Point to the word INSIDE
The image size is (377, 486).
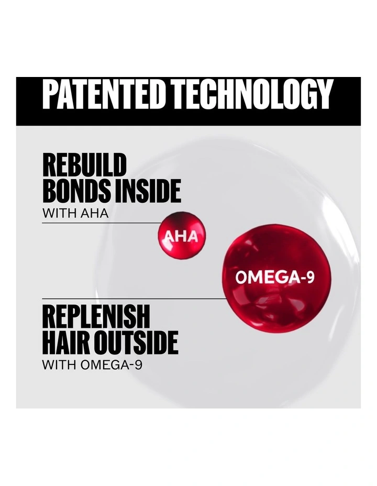148,191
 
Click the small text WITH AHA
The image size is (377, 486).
75,213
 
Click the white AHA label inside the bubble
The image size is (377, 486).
181,237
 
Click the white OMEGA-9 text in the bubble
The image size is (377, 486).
275,277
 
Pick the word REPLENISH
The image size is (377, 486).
96,316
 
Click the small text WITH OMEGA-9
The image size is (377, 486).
92,365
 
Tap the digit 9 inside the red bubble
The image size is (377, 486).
311,277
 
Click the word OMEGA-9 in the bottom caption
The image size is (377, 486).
112,365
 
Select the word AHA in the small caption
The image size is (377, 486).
94,213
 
